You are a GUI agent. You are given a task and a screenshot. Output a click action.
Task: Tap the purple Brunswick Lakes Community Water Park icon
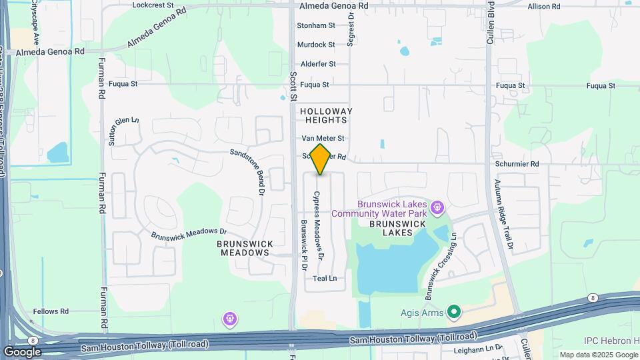[437, 208]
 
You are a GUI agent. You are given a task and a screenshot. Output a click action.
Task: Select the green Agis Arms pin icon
[454, 311]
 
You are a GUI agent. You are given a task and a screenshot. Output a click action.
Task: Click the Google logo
[22, 351]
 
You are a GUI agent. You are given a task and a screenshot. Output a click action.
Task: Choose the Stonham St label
[316, 25]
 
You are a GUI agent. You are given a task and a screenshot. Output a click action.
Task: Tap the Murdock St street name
[316, 45]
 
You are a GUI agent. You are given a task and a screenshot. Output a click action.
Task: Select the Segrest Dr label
[350, 31]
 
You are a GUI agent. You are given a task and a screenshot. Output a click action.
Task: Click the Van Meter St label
[323, 138]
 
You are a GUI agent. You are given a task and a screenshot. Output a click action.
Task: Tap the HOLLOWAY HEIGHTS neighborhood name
[325, 115]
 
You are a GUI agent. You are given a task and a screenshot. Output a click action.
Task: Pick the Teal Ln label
[325, 278]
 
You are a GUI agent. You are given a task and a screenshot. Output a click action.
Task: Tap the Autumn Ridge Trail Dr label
[504, 214]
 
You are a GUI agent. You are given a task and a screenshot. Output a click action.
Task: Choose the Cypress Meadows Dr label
[319, 225]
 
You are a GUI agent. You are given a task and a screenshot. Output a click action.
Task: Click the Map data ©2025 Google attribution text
[597, 355]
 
